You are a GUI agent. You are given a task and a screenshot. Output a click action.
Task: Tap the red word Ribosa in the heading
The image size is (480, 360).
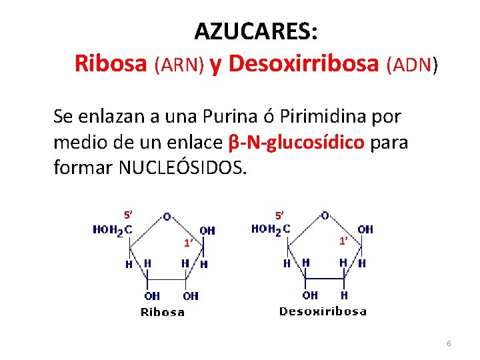point(111,63)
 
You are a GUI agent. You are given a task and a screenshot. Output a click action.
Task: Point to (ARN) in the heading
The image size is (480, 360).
point(179,65)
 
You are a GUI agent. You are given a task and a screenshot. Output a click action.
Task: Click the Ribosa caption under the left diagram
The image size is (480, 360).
point(163,311)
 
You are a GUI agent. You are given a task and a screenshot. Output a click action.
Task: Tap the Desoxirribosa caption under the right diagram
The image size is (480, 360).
point(323,311)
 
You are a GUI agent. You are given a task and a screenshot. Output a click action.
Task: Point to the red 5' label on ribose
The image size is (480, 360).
point(129,215)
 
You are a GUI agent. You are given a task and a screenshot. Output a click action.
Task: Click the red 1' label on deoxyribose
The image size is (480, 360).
point(343,241)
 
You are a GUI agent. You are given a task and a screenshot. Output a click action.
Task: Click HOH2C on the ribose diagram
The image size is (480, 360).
point(111,230)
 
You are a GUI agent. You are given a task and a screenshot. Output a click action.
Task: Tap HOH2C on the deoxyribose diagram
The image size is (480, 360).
point(270,229)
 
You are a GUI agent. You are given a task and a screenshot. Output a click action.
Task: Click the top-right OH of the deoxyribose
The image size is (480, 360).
point(365,229)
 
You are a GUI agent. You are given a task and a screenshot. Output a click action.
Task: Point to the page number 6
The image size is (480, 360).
point(449,343)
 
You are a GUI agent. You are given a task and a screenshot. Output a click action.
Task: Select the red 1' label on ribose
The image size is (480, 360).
point(189,243)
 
